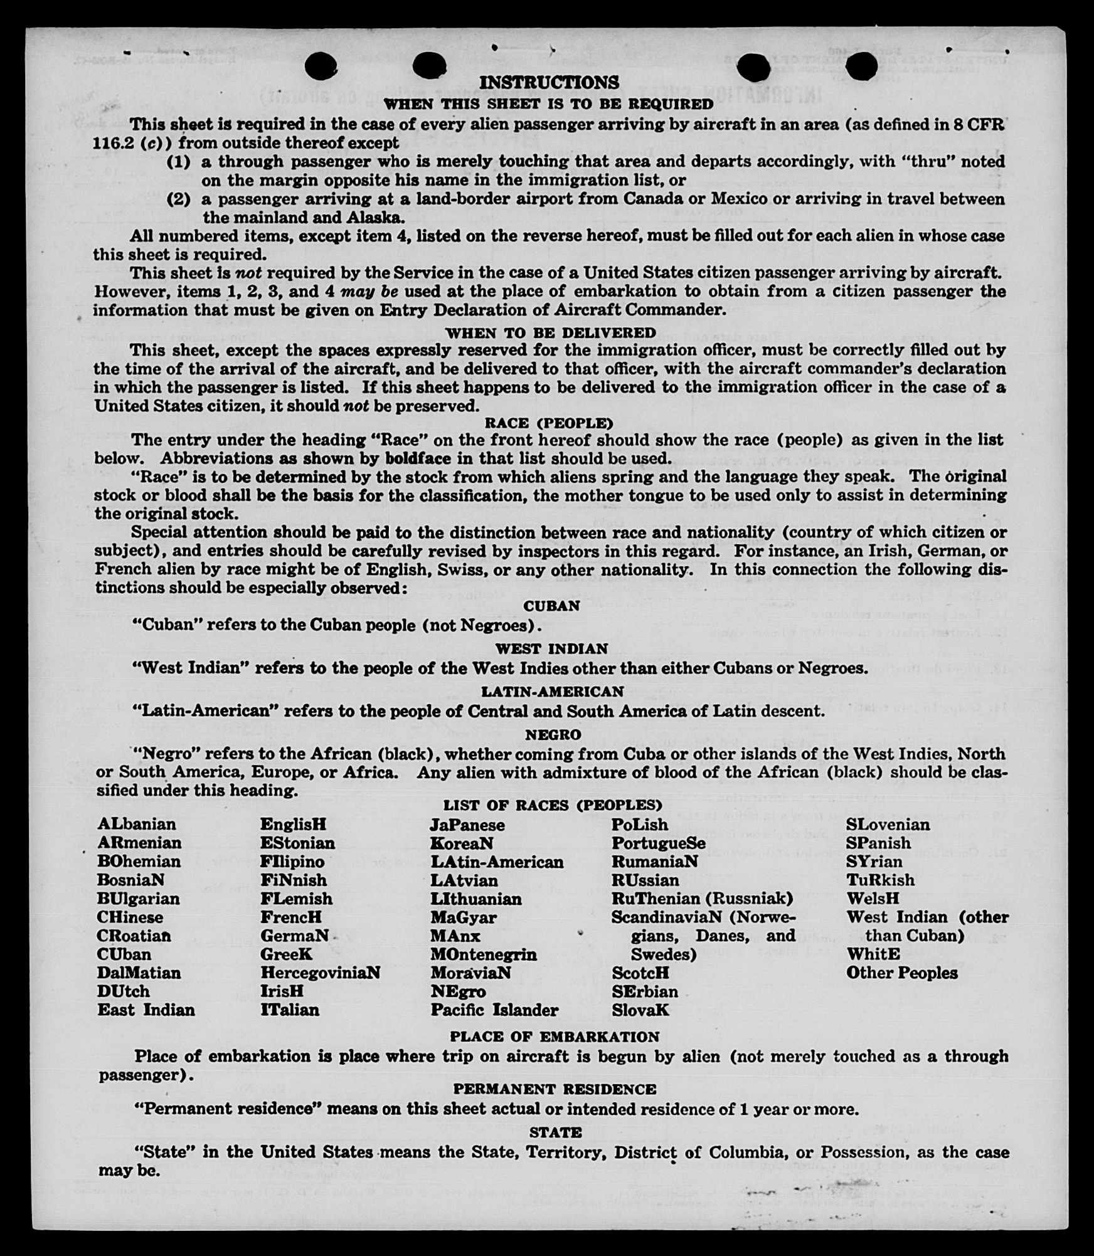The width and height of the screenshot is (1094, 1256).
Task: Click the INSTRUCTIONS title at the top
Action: (x=549, y=83)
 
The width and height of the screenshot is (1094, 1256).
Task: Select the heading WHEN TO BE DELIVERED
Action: (x=551, y=332)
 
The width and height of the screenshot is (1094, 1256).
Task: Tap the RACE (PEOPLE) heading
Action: (x=550, y=423)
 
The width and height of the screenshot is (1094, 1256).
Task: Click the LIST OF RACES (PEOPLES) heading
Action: (x=553, y=805)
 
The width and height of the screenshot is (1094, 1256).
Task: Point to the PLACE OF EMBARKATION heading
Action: (x=555, y=1037)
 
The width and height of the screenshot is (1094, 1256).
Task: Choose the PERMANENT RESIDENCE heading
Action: (x=555, y=1089)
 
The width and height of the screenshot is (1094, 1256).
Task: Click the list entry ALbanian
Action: (x=137, y=824)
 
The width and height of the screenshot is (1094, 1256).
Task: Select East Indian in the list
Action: (x=146, y=1010)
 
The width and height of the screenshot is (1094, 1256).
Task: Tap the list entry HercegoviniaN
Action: (x=321, y=973)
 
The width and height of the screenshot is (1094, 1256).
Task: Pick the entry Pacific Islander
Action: (x=494, y=1010)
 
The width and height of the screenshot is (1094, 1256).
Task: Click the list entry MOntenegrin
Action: (x=484, y=954)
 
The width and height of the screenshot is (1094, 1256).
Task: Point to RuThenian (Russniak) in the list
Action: (x=703, y=899)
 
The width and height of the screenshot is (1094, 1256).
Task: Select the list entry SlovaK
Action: (x=640, y=1010)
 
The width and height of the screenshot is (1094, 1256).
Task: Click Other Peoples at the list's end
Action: (x=901, y=973)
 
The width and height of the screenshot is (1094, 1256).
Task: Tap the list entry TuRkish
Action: (x=880, y=880)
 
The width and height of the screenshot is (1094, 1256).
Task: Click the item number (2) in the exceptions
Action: (x=179, y=199)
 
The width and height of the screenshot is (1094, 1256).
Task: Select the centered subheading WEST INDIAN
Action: (x=551, y=648)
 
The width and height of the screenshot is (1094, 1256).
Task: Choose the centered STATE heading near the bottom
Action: (x=555, y=1132)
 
